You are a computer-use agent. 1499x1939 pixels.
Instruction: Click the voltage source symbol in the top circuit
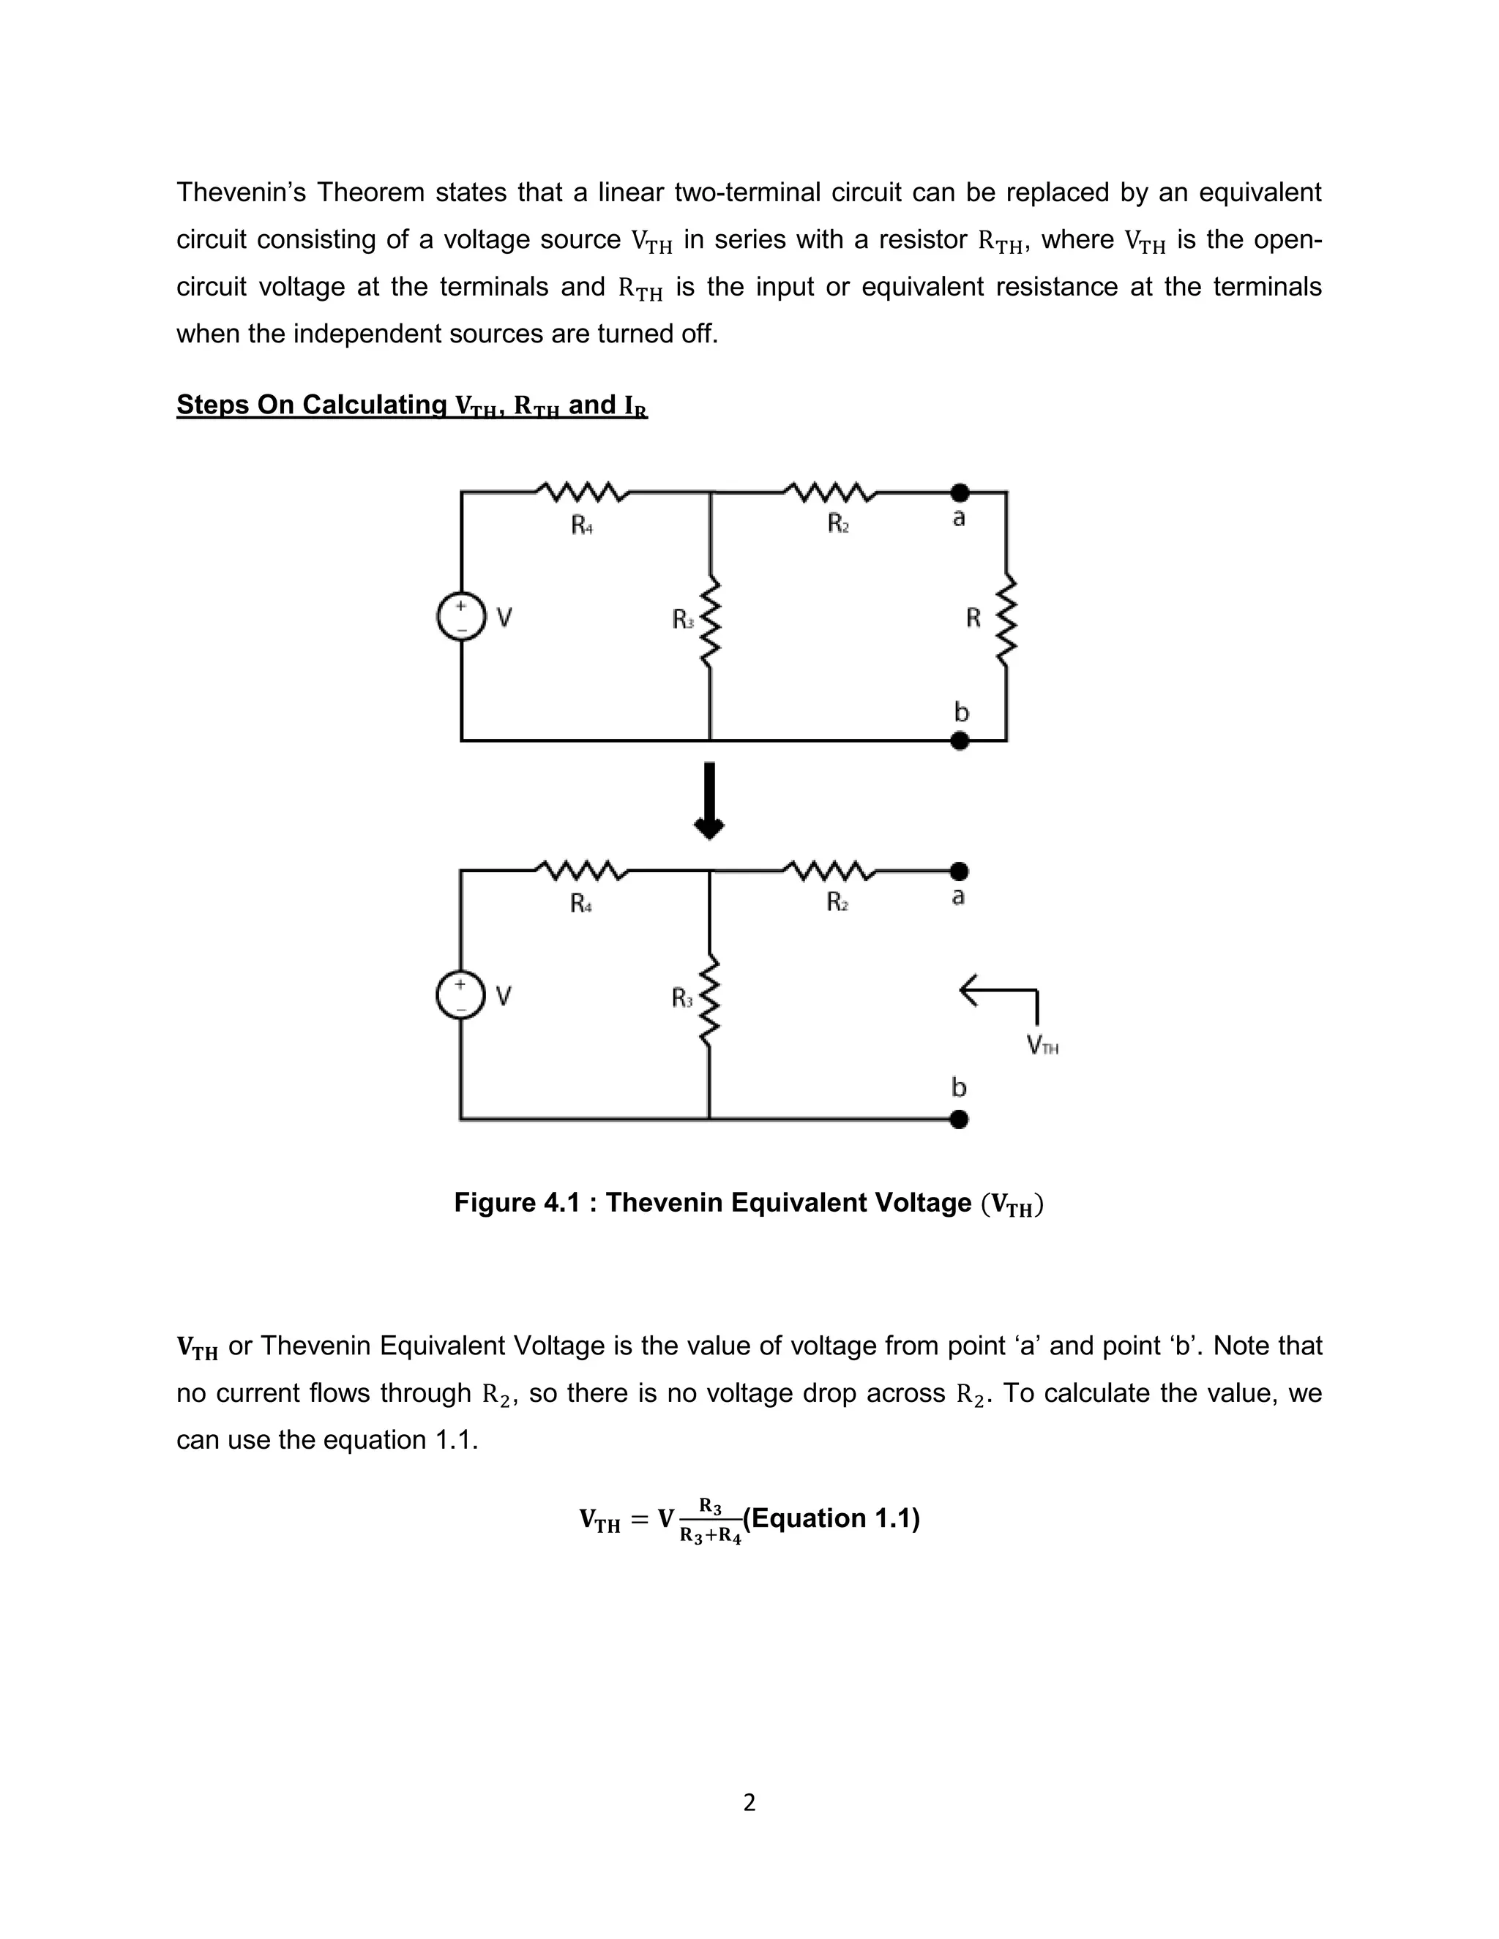point(462,616)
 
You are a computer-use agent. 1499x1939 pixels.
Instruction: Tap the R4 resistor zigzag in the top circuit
point(583,492)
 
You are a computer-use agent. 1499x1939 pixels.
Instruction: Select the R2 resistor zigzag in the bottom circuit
point(830,871)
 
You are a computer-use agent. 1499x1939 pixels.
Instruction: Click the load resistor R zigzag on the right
point(1006,619)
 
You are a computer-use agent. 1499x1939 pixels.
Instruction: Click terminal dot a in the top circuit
point(959,492)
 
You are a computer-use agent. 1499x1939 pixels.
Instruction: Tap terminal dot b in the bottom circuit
point(958,1119)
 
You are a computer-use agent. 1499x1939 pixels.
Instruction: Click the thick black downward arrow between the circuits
point(709,800)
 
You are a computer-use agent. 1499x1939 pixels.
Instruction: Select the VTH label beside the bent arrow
point(1042,1045)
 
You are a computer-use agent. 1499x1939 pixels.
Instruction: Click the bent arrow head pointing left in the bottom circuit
point(970,990)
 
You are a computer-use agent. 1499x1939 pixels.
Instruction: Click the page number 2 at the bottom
point(749,1802)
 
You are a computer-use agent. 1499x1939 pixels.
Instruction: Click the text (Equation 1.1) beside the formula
point(831,1518)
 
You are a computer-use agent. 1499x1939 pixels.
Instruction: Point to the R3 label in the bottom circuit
point(682,999)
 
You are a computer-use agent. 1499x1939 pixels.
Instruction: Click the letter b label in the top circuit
point(961,712)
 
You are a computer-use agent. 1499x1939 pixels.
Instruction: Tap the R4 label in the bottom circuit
point(580,904)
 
